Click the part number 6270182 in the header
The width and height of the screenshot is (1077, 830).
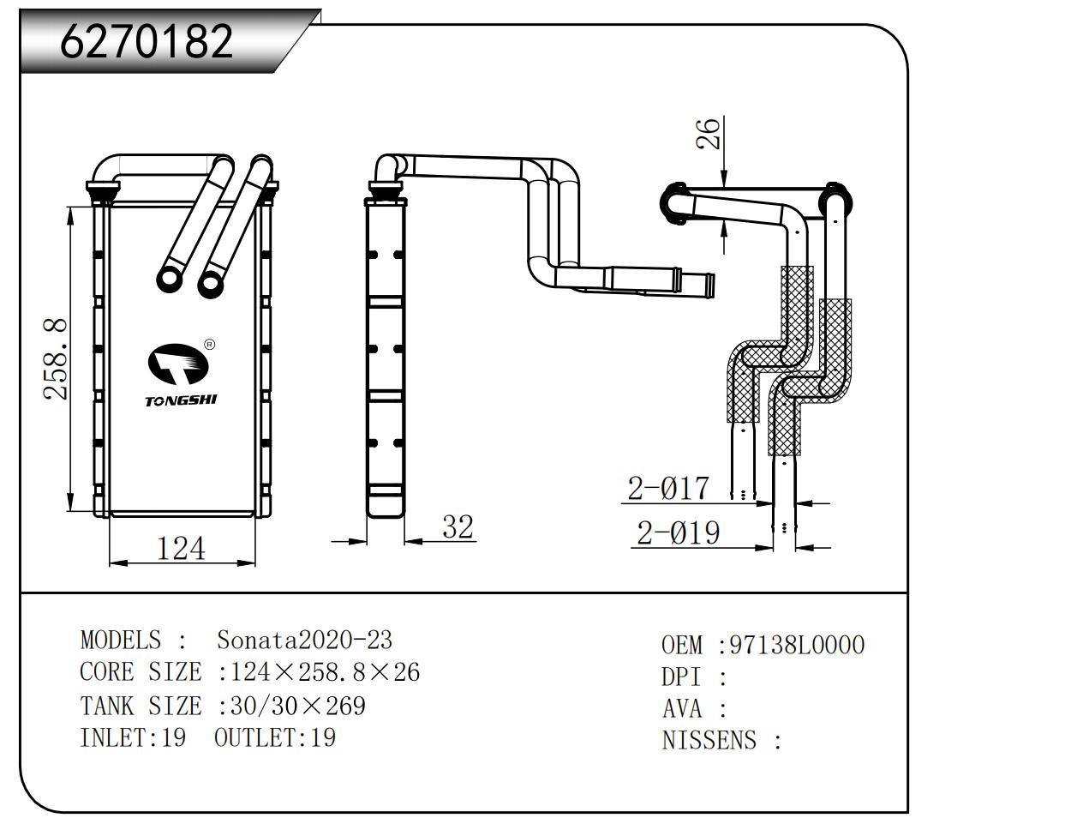tap(147, 40)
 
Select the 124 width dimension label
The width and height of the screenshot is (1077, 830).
tap(180, 548)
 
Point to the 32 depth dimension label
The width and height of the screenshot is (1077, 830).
tap(458, 526)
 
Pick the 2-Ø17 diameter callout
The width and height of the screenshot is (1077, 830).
tap(668, 489)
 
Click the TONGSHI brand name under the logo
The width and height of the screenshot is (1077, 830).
tap(180, 400)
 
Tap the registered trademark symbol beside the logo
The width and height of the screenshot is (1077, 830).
tap(210, 345)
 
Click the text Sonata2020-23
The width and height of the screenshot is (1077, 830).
tap(304, 641)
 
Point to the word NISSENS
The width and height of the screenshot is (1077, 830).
tap(709, 740)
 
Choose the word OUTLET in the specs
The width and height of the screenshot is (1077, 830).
tap(254, 737)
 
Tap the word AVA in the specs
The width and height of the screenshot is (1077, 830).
tap(682, 709)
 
